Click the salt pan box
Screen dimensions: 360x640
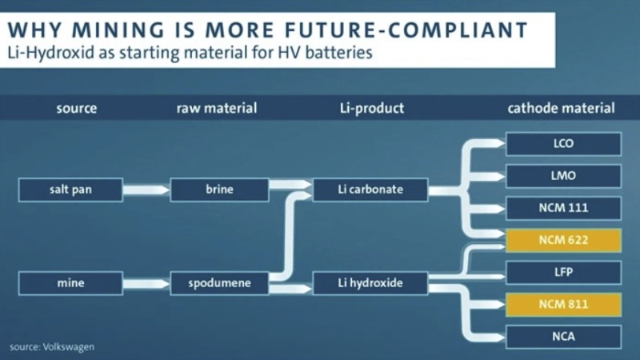pos(70,190)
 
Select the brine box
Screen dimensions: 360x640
pos(219,190)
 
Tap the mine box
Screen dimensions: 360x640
pos(70,283)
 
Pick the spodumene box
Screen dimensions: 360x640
pos(219,283)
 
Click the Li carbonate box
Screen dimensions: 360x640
pos(369,190)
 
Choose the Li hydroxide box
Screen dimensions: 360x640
pos(369,283)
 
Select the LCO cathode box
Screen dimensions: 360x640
pos(563,144)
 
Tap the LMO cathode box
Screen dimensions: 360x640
pos(563,176)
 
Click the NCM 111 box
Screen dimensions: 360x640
pos(563,208)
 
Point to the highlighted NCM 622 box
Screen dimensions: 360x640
pos(563,240)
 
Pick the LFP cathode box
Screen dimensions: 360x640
pos(563,272)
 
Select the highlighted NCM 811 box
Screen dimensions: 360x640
pos(563,304)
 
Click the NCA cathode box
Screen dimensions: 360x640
pos(563,336)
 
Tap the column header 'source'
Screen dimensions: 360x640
pos(77,108)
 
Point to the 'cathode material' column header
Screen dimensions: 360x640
pos(562,108)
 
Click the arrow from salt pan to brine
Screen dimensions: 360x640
pos(146,190)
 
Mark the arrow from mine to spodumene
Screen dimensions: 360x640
pos(146,283)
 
